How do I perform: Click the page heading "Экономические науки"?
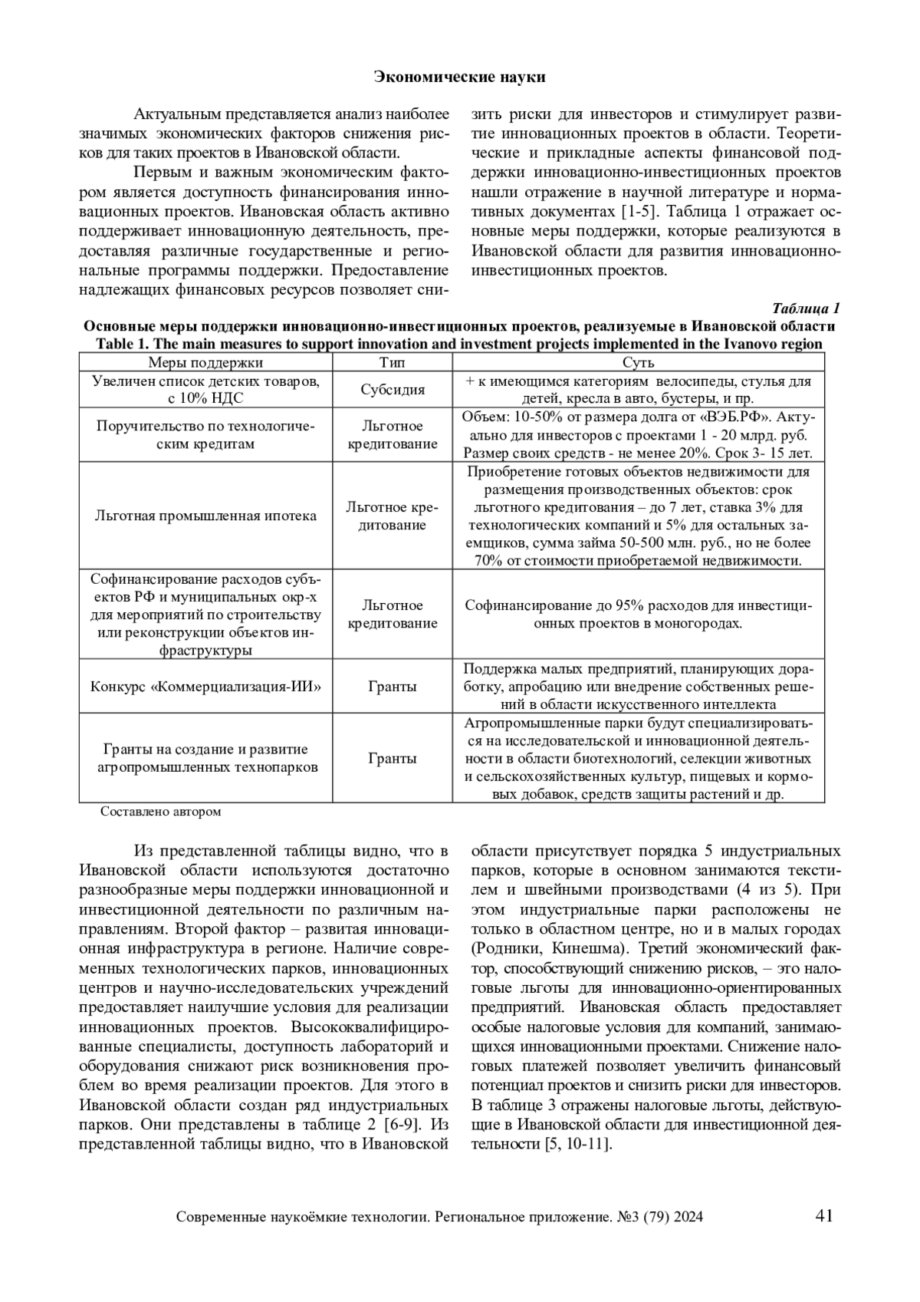click(x=459, y=77)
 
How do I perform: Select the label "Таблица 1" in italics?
click(x=806, y=308)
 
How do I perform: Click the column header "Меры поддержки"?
click(x=205, y=363)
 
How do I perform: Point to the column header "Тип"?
click(x=393, y=363)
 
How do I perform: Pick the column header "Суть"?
click(x=638, y=363)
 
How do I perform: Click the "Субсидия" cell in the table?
click(x=393, y=390)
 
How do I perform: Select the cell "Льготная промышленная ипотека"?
click(x=205, y=516)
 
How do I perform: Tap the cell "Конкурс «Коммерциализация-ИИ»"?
click(x=205, y=686)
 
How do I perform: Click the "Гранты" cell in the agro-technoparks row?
click(x=393, y=758)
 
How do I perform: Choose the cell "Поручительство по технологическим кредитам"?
click(x=205, y=435)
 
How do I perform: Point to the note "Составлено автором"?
click(x=161, y=811)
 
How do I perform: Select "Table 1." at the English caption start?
click(x=122, y=344)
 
